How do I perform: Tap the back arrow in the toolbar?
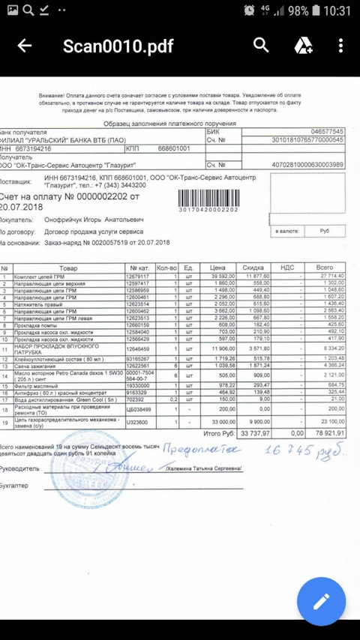tap(25, 46)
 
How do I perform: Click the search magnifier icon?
tap(261, 46)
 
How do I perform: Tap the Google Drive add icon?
tap(303, 46)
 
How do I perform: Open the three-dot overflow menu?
tap(340, 46)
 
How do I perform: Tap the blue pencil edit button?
tap(321, 601)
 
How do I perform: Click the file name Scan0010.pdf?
tap(118, 46)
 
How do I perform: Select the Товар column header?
tap(67, 267)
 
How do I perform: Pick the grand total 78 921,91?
tap(330, 433)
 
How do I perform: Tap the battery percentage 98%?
tap(298, 10)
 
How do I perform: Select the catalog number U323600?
tap(138, 423)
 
